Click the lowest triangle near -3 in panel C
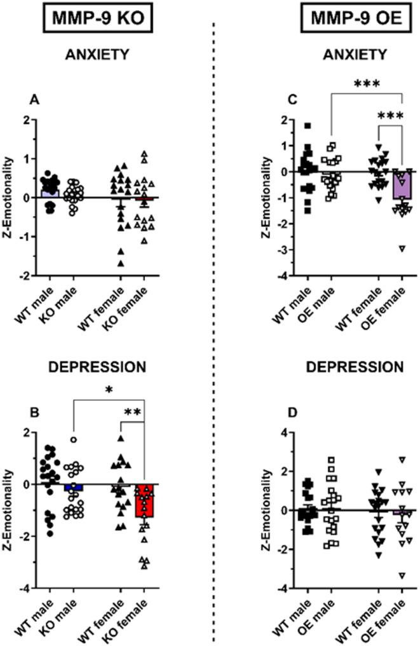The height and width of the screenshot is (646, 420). pyautogui.click(x=402, y=248)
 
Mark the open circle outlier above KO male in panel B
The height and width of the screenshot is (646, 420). pyautogui.click(x=74, y=439)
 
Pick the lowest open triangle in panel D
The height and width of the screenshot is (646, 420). pyautogui.click(x=402, y=576)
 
